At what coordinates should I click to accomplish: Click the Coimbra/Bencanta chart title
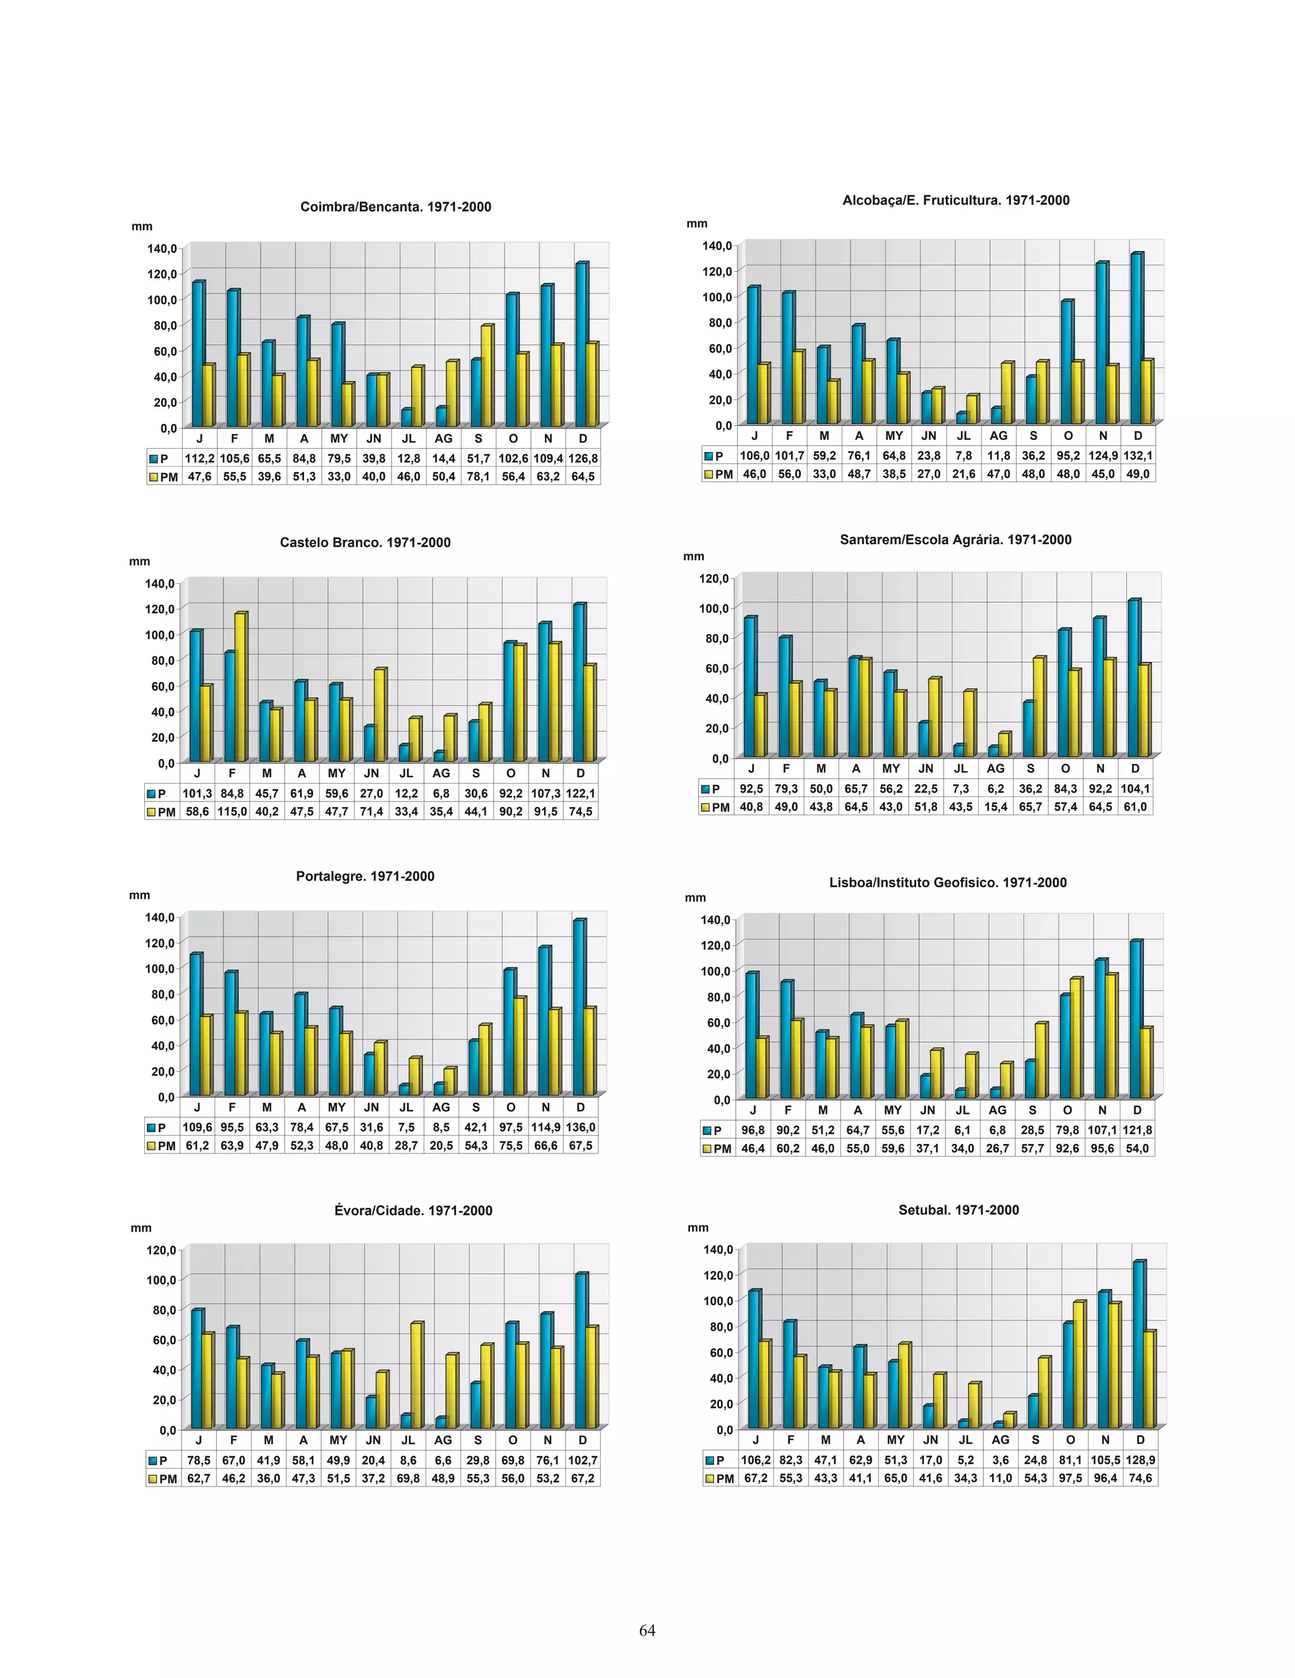point(395,207)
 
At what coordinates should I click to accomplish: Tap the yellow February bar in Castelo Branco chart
point(240,688)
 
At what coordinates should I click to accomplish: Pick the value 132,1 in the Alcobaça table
point(1138,456)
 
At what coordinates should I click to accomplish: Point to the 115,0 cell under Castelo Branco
point(231,812)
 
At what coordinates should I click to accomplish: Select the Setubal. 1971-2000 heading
point(959,1210)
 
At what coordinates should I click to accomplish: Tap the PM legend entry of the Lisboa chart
point(716,1148)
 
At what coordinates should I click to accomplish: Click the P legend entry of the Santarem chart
point(711,788)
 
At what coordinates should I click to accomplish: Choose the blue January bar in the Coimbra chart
point(197,354)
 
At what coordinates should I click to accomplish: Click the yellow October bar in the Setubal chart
point(1078,1365)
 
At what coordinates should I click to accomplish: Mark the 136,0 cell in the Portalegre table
point(580,1127)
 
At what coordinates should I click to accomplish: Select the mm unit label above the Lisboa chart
point(695,897)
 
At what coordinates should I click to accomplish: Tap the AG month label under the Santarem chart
point(995,769)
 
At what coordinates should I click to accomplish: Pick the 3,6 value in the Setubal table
point(1000,1460)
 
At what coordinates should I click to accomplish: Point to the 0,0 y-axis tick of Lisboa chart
point(721,1100)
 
